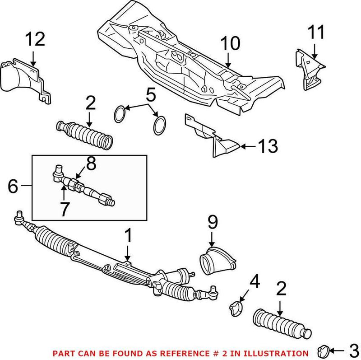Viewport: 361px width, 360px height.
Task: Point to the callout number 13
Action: [x=267, y=146]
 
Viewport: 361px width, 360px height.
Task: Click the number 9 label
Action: [x=213, y=222]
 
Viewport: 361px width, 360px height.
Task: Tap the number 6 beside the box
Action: [x=14, y=186]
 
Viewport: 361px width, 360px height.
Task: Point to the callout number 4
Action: [x=255, y=283]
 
